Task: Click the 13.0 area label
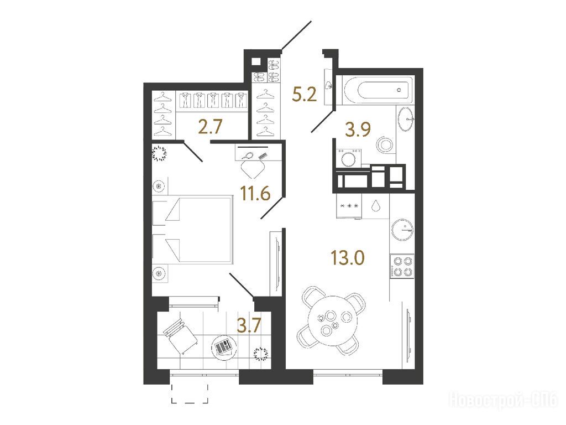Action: (348, 258)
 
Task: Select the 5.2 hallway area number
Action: (305, 95)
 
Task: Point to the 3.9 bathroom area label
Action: (358, 129)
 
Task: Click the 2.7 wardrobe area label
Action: (211, 127)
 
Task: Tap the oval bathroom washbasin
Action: (406, 119)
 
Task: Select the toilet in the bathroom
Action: (385, 145)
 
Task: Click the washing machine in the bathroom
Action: (349, 158)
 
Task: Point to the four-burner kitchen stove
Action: (402, 266)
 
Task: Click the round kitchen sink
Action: (402, 230)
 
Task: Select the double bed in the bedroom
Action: (192, 230)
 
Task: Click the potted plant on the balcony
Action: (261, 354)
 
